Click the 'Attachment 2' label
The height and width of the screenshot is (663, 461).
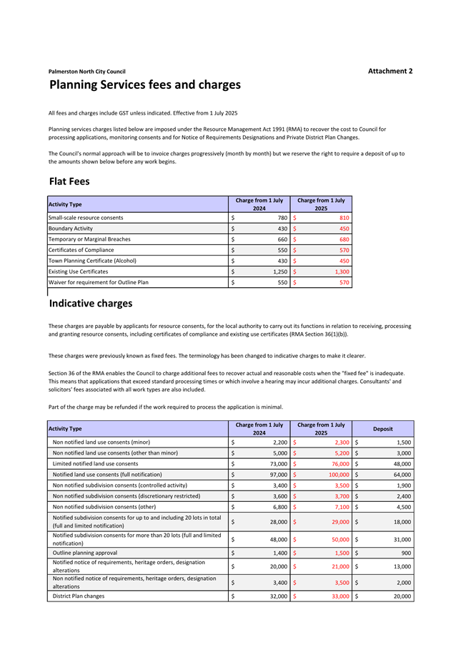pos(390,71)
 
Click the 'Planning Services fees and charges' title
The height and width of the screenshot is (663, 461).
pos(145,85)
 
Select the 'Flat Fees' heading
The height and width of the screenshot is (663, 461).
pos(69,181)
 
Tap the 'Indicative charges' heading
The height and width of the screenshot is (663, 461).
pos(91,304)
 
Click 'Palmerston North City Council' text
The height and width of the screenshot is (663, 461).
pos(86,72)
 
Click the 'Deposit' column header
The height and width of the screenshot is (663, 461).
pos(383,429)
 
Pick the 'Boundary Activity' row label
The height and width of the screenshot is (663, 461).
pos(70,228)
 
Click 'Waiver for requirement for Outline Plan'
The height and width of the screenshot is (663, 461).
pos(98,283)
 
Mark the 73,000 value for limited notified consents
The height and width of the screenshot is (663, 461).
pos(276,463)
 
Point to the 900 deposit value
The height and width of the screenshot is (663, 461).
pos(406,553)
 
